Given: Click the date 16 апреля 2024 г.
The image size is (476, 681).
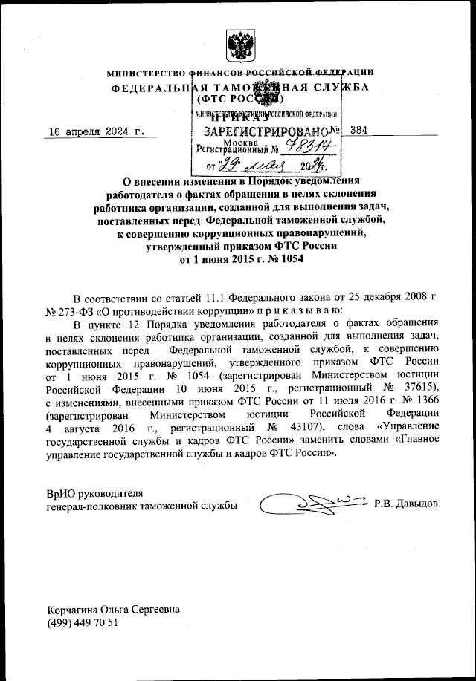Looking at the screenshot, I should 94,132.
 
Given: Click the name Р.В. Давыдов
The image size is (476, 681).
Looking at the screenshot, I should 406,505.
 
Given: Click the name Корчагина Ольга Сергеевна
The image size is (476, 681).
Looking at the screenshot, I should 112,609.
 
